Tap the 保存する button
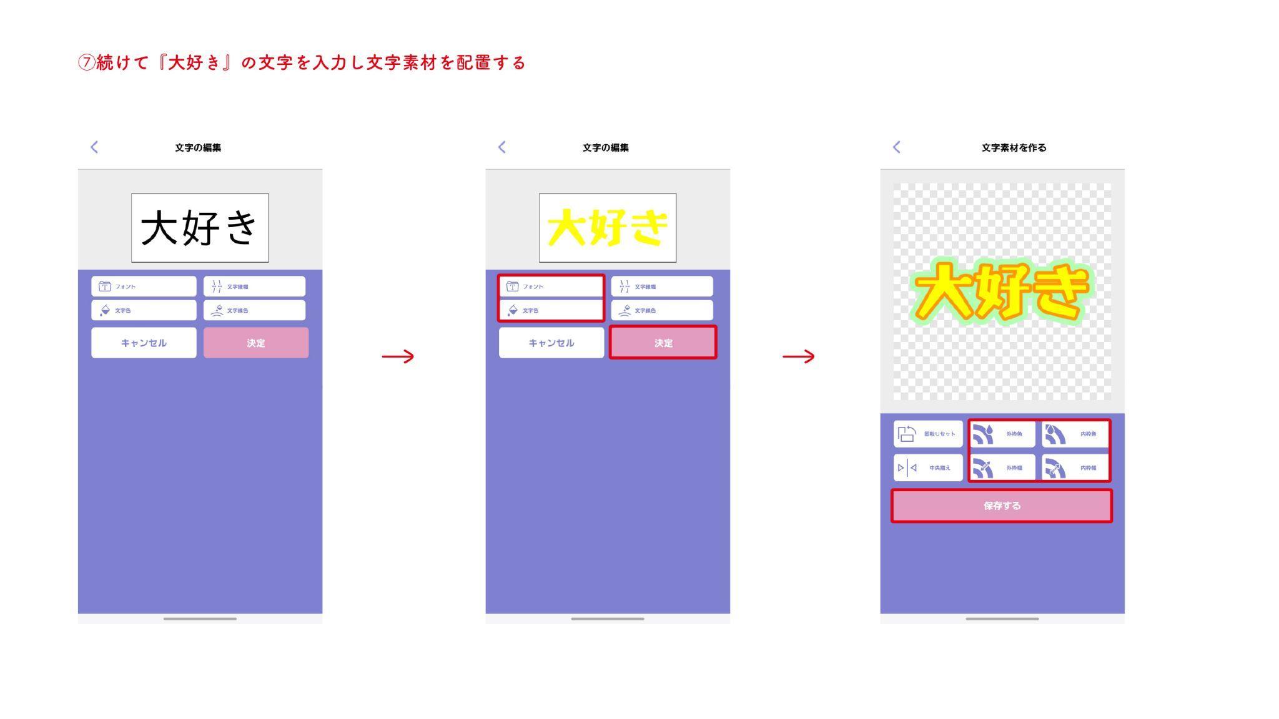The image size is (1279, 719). [x=1001, y=506]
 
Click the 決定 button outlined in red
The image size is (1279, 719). [x=663, y=342]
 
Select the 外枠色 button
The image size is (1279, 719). [x=1002, y=434]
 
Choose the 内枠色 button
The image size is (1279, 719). [x=1075, y=434]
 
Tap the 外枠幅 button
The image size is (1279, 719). [x=1002, y=467]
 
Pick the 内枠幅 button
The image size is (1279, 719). [x=1075, y=467]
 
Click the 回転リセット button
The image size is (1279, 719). [x=928, y=434]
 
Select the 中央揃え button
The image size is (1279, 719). [x=928, y=467]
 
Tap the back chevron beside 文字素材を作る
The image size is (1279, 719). [x=897, y=147]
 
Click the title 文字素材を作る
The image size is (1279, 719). [x=1014, y=148]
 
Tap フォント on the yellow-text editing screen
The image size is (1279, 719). [x=551, y=286]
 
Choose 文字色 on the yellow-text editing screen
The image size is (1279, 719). [x=551, y=310]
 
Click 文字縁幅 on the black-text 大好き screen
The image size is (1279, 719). [x=254, y=286]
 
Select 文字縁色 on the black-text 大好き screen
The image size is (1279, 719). [x=254, y=310]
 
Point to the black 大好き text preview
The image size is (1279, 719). [x=200, y=228]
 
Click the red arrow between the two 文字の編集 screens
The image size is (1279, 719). [x=398, y=356]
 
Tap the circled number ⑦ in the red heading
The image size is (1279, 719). [x=86, y=63]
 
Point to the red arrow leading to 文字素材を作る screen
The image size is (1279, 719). [x=798, y=356]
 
